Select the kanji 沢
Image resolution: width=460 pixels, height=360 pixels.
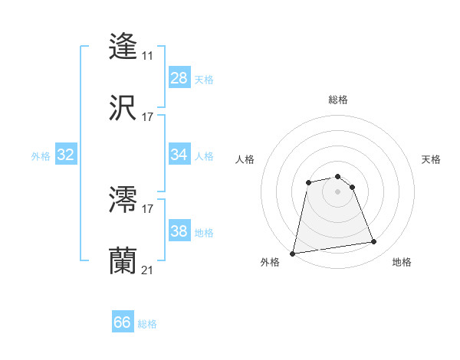pyautogui.click(x=123, y=107)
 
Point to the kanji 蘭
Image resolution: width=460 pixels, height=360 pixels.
pyautogui.click(x=123, y=260)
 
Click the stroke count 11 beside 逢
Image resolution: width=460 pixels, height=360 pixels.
pyautogui.click(x=147, y=56)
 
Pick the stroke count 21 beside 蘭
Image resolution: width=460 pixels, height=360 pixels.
pyautogui.click(x=147, y=270)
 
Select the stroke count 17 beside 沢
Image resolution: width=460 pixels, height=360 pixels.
pyautogui.click(x=147, y=117)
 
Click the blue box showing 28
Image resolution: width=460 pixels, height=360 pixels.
pyautogui.click(x=179, y=78)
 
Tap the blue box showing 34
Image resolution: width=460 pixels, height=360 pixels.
pyautogui.click(x=179, y=155)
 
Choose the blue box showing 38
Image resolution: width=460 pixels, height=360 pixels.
pyautogui.click(x=179, y=231)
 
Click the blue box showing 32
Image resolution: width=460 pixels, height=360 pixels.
pyautogui.click(x=66, y=155)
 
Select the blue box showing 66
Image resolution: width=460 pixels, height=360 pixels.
pyautogui.click(x=123, y=322)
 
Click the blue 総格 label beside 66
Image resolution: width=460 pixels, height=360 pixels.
pyautogui.click(x=147, y=324)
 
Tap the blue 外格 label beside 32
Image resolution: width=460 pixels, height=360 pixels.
pyautogui.click(x=41, y=156)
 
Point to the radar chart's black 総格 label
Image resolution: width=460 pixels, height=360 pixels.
pyautogui.click(x=338, y=100)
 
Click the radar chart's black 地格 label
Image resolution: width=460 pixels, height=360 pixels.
pyautogui.click(x=402, y=262)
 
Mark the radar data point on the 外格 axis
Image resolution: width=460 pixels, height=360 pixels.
pyautogui.click(x=293, y=253)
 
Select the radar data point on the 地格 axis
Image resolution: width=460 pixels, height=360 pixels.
pyautogui.click(x=373, y=242)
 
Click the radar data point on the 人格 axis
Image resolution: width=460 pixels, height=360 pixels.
pyautogui.click(x=308, y=182)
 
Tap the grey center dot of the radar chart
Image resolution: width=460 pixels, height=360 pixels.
pyautogui.click(x=338, y=191)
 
